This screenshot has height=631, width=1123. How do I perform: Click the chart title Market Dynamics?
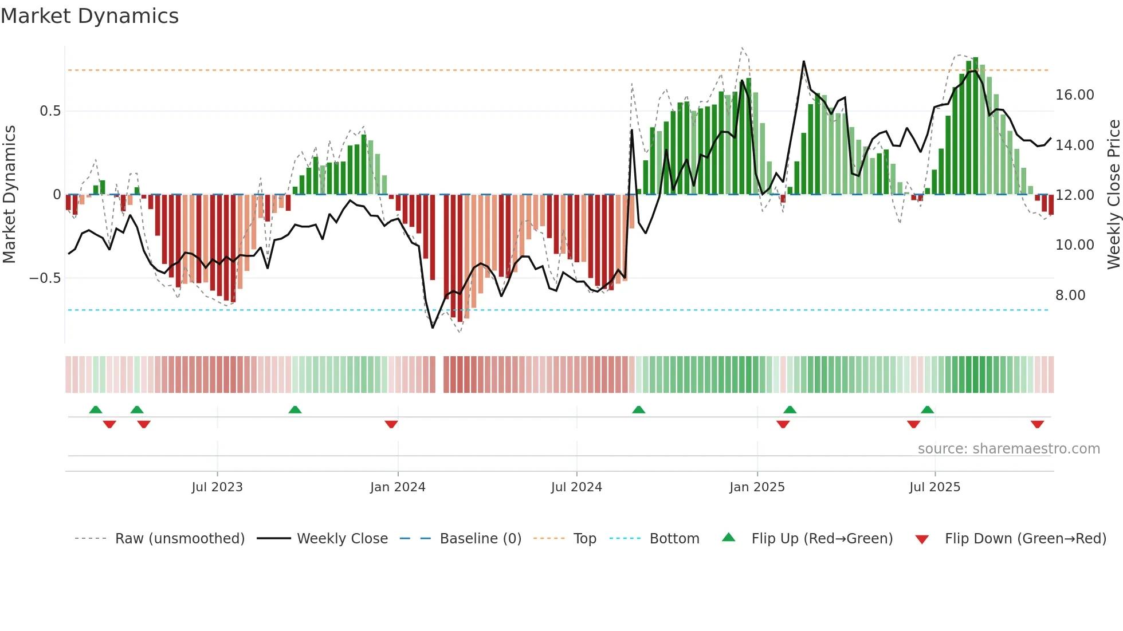click(x=89, y=16)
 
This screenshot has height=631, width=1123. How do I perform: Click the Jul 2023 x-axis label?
click(x=217, y=487)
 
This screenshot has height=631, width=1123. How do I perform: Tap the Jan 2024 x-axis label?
click(x=398, y=487)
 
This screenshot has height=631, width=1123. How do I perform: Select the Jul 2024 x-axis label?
click(x=576, y=487)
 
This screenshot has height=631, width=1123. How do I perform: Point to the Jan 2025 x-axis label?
click(x=757, y=487)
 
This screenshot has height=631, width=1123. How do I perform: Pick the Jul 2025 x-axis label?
click(x=934, y=487)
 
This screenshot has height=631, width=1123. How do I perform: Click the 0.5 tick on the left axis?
click(x=50, y=111)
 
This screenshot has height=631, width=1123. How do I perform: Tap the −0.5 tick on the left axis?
click(x=45, y=278)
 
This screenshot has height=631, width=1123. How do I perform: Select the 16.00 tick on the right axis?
click(x=1074, y=95)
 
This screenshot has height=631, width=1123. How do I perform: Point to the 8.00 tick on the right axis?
click(x=1070, y=295)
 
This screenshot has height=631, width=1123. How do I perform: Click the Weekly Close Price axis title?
click(x=1113, y=195)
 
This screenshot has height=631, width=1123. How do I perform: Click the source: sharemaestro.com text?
click(x=1008, y=449)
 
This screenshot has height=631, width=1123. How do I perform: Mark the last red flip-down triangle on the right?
click(x=1037, y=424)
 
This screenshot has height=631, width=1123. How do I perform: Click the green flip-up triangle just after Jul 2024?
click(x=638, y=409)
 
